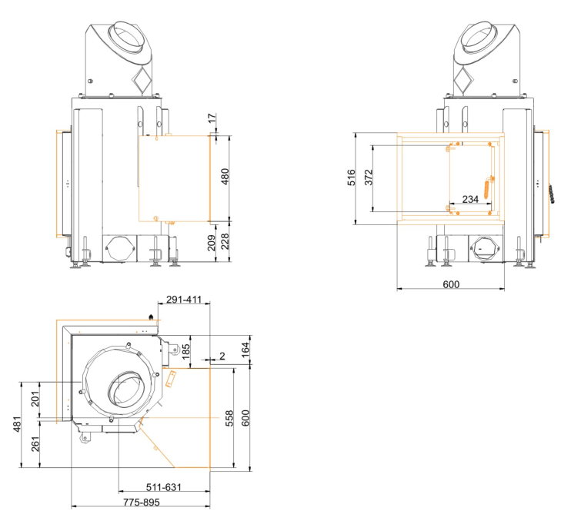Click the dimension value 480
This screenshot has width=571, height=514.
[225, 177]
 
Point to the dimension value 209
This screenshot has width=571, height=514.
[212, 244]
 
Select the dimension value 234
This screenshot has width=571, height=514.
[469, 199]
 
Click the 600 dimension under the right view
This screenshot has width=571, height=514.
[451, 284]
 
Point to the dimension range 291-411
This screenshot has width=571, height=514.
[184, 300]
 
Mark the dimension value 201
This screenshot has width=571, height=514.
[35, 400]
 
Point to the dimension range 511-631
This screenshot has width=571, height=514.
[163, 486]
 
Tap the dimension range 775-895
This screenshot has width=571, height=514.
[140, 502]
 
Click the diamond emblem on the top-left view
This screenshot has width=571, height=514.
[142, 78]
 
